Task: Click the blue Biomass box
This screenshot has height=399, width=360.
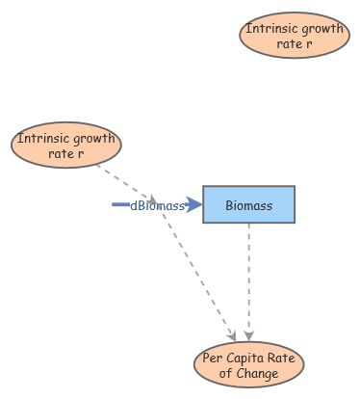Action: coord(248,204)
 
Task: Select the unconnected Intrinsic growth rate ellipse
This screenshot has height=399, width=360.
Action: coord(294,37)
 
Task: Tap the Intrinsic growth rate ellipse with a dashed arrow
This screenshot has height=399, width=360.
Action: coord(66,146)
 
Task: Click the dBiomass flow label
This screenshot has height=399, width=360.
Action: coord(157,205)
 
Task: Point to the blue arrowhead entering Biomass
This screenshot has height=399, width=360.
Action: coord(194,204)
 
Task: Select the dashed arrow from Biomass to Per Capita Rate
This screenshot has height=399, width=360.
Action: coord(249,279)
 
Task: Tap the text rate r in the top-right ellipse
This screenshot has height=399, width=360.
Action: coord(294,44)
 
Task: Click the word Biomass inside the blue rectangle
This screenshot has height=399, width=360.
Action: coord(248,205)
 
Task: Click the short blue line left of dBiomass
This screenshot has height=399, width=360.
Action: coord(120,204)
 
